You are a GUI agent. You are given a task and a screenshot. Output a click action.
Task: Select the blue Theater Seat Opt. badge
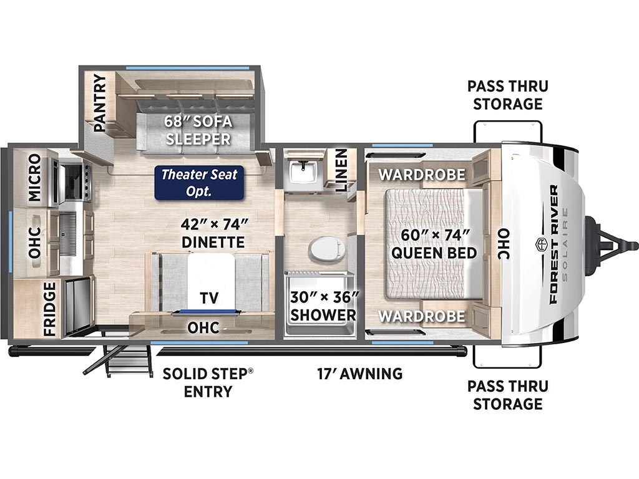pos(199,183)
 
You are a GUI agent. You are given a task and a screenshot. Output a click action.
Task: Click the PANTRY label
pos(99,103)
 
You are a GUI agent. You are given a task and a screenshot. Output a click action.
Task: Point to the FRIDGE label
pos(49,309)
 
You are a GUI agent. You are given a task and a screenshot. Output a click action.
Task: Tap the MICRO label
pos(35,177)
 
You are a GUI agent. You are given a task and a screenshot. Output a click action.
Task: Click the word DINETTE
pos(213,242)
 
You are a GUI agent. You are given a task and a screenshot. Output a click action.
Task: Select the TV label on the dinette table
pos(210,298)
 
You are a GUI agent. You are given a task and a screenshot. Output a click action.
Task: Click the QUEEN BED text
pos(434,253)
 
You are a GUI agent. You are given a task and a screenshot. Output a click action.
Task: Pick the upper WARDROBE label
pos(422,175)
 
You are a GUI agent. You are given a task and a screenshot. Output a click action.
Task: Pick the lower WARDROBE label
pos(422,316)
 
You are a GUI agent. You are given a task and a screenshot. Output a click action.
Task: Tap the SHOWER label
pos(323,315)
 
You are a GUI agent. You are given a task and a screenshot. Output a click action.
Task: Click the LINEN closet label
pos(341,170)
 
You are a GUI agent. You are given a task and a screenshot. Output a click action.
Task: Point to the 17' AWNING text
pos(360,373)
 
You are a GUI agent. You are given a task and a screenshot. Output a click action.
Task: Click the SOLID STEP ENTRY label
pos(208,382)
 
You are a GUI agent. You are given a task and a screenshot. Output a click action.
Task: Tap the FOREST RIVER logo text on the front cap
pos(554,244)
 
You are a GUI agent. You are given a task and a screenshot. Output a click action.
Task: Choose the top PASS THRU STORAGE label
pos(508,95)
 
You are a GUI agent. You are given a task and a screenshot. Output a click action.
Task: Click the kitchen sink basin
pos(67,235)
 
